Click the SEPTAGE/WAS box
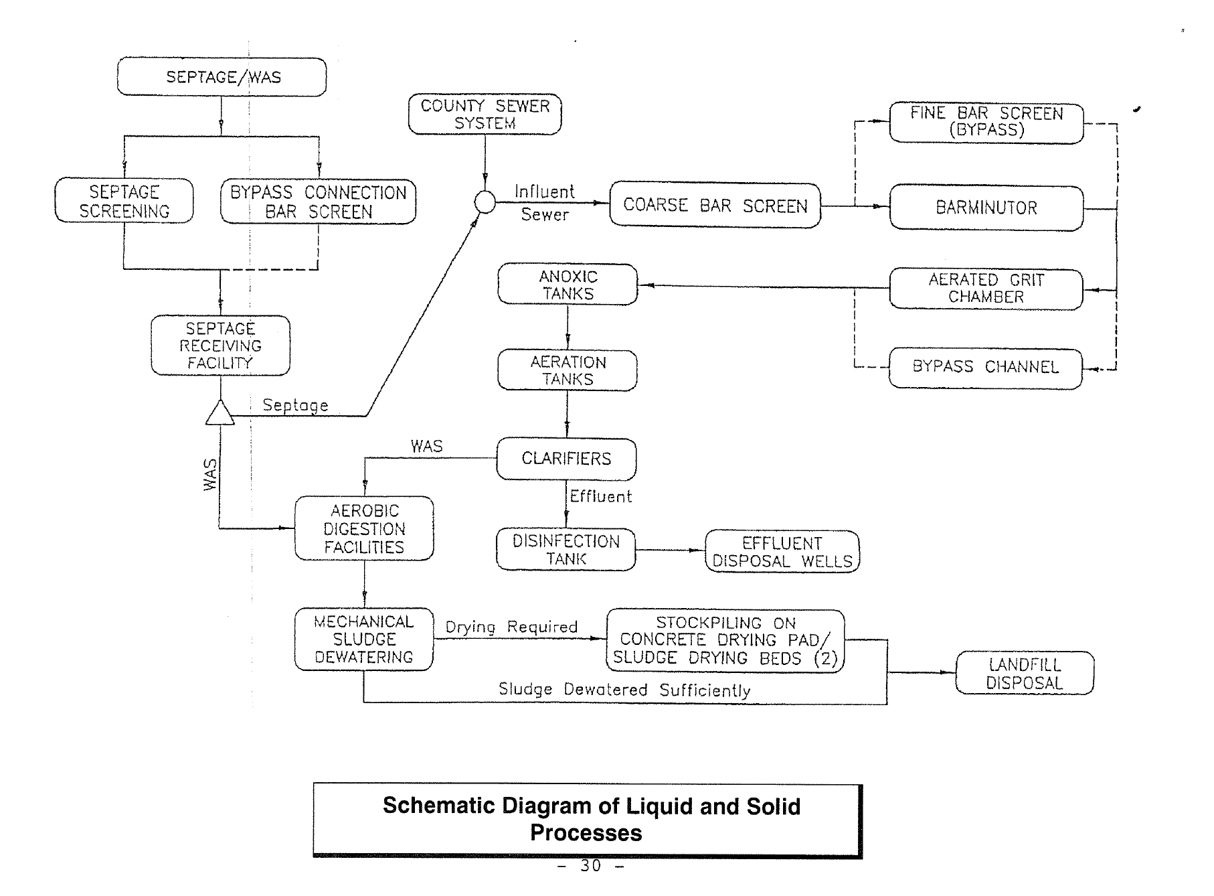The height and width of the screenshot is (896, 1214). point(222,77)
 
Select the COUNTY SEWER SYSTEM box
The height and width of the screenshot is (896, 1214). point(485,115)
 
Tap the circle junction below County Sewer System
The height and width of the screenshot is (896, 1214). point(485,202)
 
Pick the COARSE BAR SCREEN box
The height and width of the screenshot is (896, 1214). point(715,206)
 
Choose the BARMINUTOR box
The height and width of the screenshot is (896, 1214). point(986,208)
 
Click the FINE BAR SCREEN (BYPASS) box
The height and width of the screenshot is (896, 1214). point(986,122)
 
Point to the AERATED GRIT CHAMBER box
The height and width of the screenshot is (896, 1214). point(986,289)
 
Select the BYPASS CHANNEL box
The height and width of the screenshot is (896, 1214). point(985,368)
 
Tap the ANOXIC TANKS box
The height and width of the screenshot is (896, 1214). point(568,285)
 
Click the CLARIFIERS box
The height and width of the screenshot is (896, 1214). point(566,459)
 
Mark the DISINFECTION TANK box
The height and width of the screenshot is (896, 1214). point(566,550)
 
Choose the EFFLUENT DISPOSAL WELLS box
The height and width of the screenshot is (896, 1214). point(782,552)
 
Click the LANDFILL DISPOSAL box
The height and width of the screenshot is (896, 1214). point(1024,674)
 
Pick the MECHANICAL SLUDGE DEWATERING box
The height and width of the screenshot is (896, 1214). point(364,640)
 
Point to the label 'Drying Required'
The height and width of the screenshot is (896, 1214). point(511,627)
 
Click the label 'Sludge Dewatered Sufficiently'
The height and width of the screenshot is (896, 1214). point(624,690)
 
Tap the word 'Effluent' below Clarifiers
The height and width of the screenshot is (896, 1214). point(600,497)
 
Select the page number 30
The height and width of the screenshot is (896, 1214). point(590,866)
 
